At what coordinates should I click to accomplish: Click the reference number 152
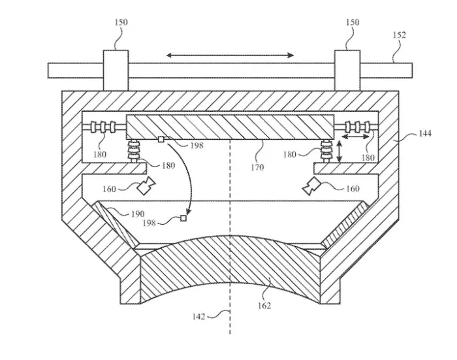(x=400, y=35)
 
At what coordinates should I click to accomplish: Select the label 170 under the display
(x=258, y=167)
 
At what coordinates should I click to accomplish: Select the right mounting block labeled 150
(x=346, y=69)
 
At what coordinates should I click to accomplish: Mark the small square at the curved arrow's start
(x=161, y=139)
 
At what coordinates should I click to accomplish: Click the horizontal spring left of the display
(x=104, y=127)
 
